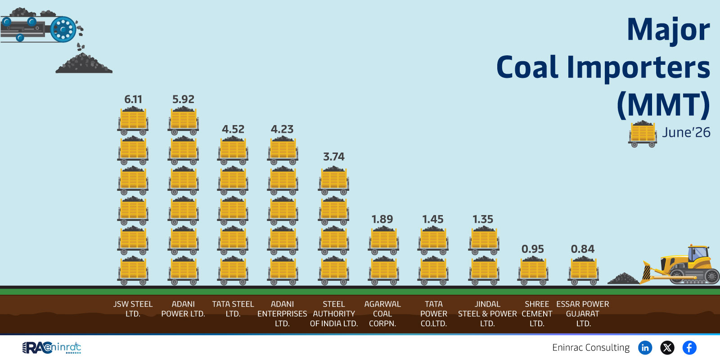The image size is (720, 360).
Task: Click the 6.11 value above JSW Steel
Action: [x=133, y=99]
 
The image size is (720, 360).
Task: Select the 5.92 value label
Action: [x=183, y=99]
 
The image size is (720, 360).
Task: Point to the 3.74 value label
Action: [x=333, y=157]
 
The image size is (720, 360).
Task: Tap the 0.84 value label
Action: [x=582, y=249]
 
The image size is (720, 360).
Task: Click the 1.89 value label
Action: [x=382, y=219]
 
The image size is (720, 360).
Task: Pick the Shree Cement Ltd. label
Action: [x=537, y=314]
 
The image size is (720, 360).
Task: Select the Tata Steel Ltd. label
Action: [x=233, y=309]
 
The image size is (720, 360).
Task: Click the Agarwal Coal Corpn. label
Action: [x=382, y=314]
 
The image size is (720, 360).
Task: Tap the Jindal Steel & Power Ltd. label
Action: [x=487, y=314]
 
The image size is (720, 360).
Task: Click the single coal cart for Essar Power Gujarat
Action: [x=583, y=270]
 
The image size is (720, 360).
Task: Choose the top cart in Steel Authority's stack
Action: [x=333, y=180]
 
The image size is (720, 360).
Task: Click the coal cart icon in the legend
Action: [x=643, y=134]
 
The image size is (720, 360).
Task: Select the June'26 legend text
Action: [x=686, y=132]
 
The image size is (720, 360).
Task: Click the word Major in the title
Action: [x=668, y=30]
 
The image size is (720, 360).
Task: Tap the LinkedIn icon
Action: [x=645, y=347]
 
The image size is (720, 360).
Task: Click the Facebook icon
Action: [x=689, y=347]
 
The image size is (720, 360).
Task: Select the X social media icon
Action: [x=667, y=347]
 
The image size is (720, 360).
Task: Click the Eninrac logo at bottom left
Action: [x=51, y=348]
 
